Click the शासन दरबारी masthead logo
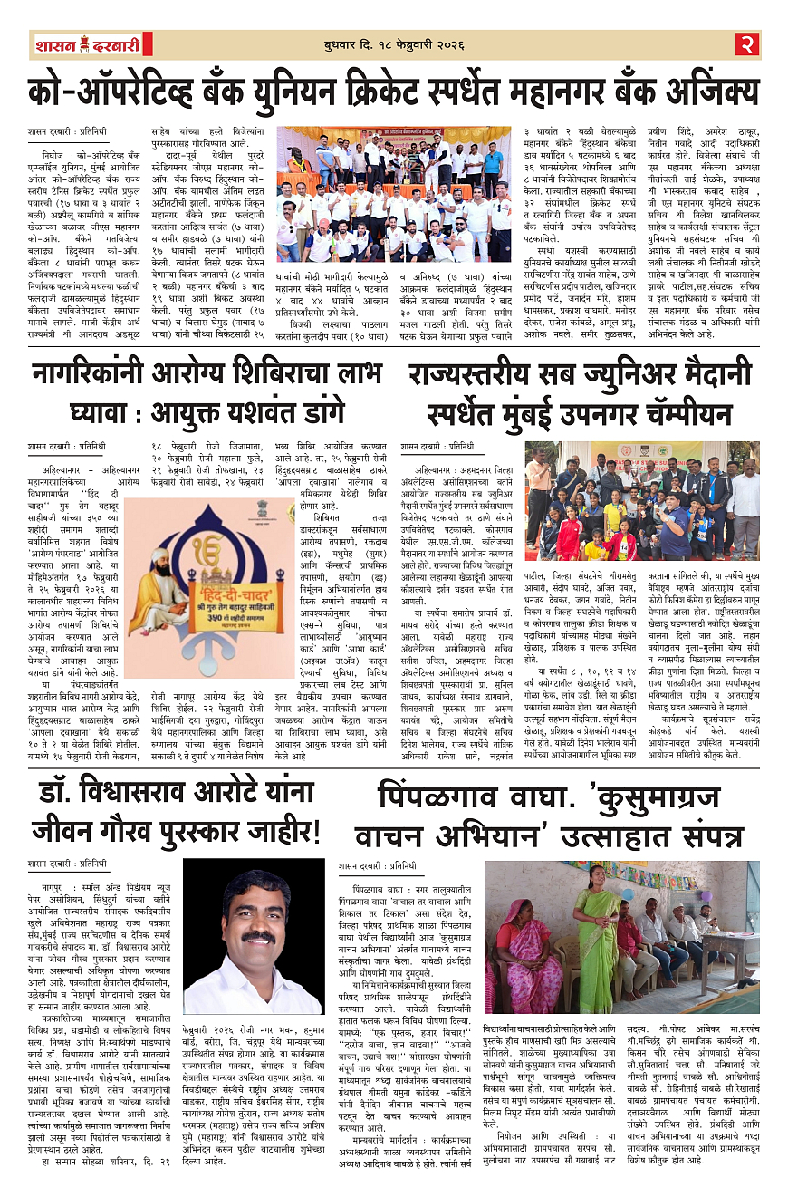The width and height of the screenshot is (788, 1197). tap(86, 44)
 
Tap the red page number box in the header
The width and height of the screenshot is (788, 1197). tap(745, 43)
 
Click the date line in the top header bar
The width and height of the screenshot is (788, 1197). tap(393, 45)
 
